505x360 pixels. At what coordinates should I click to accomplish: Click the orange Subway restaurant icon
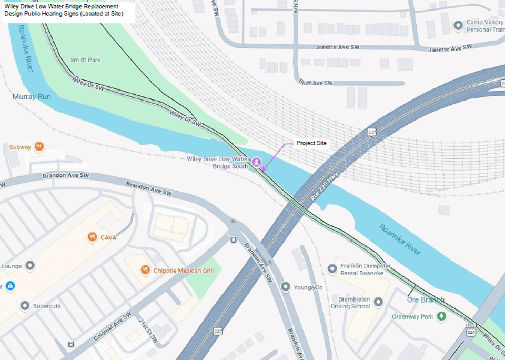pyautogui.click(x=39, y=147)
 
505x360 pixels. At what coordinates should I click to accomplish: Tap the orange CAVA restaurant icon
pyautogui.click(x=93, y=237)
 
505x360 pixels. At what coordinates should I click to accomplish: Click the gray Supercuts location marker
pyautogui.click(x=24, y=305)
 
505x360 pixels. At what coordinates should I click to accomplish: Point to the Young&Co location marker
pyautogui.click(x=285, y=287)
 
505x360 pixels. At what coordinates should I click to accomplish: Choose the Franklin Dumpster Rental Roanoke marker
pyautogui.click(x=332, y=269)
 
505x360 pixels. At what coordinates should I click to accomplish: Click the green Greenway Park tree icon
pyautogui.click(x=442, y=316)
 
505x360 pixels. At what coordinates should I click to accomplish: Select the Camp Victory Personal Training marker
pyautogui.click(x=458, y=25)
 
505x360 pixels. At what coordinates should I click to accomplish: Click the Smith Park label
pyautogui.click(x=85, y=60)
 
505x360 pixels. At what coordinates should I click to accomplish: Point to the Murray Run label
pyautogui.click(x=32, y=97)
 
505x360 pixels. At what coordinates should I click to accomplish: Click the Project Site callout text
pyautogui.click(x=311, y=143)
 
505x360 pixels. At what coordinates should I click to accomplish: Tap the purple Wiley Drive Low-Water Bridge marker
pyautogui.click(x=256, y=162)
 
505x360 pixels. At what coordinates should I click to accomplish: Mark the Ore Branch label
pyautogui.click(x=426, y=300)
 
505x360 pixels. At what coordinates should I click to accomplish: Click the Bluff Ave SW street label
pyautogui.click(x=316, y=83)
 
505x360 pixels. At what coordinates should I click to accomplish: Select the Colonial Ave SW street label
pyautogui.click(x=113, y=327)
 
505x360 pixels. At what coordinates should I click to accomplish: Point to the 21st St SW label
pyautogui.click(x=148, y=327)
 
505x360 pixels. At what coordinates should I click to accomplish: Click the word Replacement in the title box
pyautogui.click(x=99, y=6)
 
